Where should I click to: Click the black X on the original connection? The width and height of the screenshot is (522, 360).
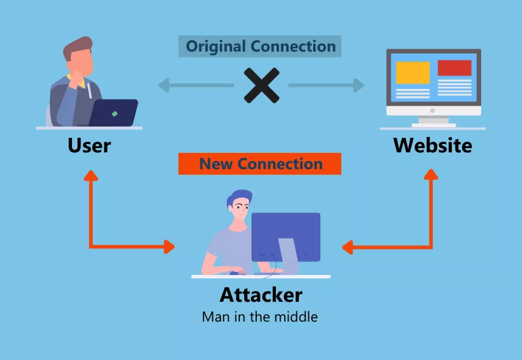click(x=262, y=85)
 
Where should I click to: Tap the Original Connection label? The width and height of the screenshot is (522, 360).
click(x=260, y=46)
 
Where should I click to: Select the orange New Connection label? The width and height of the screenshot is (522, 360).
click(x=260, y=164)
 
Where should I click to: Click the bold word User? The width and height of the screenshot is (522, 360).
click(x=89, y=145)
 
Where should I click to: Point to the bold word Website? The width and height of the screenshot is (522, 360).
click(x=433, y=145)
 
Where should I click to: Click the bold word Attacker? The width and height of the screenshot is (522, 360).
click(x=260, y=295)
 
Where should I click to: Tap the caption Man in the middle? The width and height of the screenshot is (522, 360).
click(x=260, y=316)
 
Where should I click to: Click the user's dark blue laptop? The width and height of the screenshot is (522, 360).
click(x=114, y=113)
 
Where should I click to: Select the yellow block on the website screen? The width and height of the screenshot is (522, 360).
click(x=413, y=73)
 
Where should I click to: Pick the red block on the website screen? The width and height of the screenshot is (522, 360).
click(x=454, y=68)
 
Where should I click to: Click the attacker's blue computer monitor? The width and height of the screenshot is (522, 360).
click(x=286, y=236)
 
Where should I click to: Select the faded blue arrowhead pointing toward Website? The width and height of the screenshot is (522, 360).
click(x=358, y=85)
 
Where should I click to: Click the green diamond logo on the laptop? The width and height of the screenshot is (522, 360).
click(x=115, y=113)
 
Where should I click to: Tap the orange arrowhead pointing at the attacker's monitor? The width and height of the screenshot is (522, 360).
click(x=347, y=246)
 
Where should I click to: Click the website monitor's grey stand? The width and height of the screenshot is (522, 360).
click(x=433, y=122)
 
